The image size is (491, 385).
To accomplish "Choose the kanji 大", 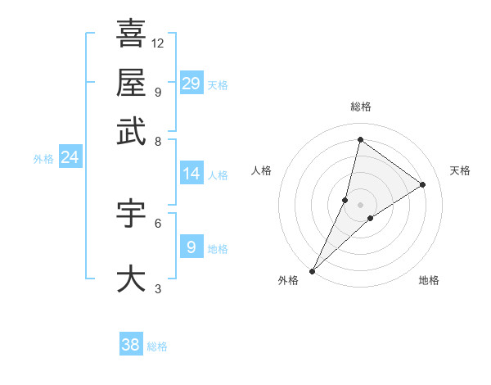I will point(131,279).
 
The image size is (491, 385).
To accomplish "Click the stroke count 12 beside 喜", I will point(158,43).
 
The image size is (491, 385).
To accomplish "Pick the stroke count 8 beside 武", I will point(157,141).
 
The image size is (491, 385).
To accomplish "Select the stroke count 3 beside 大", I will point(157,288).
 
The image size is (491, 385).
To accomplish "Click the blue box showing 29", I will point(191,84).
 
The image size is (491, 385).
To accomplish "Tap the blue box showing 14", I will point(191,174).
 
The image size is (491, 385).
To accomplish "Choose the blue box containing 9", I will point(191,247).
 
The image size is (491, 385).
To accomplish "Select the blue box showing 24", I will point(70,157).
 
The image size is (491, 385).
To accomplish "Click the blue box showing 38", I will point(131,345).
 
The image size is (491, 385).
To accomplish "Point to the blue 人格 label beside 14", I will point(218,175).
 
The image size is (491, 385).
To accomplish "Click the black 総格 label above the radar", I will point(360,106).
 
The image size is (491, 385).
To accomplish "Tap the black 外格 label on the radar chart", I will point(288,281).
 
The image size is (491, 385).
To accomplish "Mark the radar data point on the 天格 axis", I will point(423,184).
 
